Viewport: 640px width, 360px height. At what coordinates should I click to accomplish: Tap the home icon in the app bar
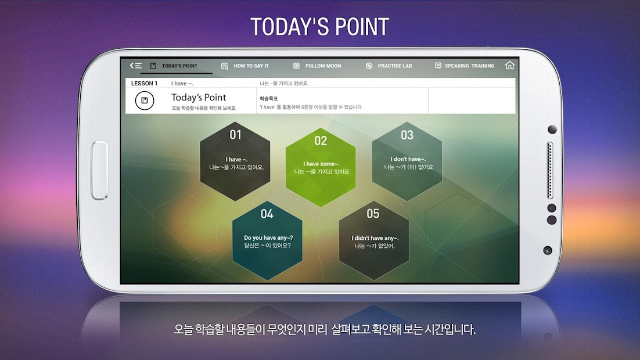(509, 65)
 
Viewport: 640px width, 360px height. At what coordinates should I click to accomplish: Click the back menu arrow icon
(135, 65)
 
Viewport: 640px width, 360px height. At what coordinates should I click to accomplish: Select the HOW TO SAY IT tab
(245, 66)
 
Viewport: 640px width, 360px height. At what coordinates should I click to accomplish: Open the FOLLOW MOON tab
(317, 66)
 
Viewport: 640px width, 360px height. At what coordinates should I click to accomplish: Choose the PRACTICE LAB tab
(389, 66)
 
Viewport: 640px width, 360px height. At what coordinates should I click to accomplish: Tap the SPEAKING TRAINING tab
(465, 66)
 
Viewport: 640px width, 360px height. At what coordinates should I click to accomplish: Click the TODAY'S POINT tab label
(179, 66)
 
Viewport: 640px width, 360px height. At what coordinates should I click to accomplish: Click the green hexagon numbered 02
(321, 167)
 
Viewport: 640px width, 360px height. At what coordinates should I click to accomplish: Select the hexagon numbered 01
(235, 161)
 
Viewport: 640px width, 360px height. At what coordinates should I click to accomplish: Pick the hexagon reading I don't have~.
(407, 161)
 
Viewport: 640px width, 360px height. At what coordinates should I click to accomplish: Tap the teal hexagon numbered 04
(267, 240)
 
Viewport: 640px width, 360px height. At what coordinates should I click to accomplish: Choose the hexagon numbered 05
(374, 240)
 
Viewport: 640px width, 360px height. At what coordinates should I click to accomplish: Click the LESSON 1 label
(144, 83)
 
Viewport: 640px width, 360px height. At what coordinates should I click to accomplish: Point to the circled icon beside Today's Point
(145, 100)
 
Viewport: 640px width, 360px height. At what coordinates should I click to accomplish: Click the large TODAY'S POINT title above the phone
(319, 27)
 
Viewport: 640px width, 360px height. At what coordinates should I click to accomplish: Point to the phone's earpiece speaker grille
(550, 170)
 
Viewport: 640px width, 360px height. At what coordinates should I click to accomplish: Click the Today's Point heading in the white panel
(199, 98)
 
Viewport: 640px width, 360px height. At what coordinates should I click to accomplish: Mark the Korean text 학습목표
(268, 98)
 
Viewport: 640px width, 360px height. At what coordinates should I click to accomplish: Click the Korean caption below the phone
(325, 329)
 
